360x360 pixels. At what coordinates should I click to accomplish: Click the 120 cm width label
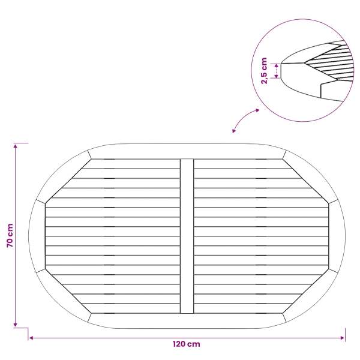point(186,344)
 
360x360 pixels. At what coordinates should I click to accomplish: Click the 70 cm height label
point(10,235)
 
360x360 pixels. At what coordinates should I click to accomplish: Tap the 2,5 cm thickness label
point(265,71)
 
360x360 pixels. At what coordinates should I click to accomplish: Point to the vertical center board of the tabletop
point(187,236)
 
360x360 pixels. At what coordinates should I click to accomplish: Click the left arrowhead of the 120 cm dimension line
point(31,338)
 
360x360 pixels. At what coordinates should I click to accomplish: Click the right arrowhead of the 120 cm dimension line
point(343,338)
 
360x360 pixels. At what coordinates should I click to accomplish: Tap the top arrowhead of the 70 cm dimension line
point(16,146)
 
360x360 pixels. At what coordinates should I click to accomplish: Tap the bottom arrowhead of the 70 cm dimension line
point(16,325)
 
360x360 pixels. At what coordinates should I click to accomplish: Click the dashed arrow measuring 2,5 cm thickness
point(277,71)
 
